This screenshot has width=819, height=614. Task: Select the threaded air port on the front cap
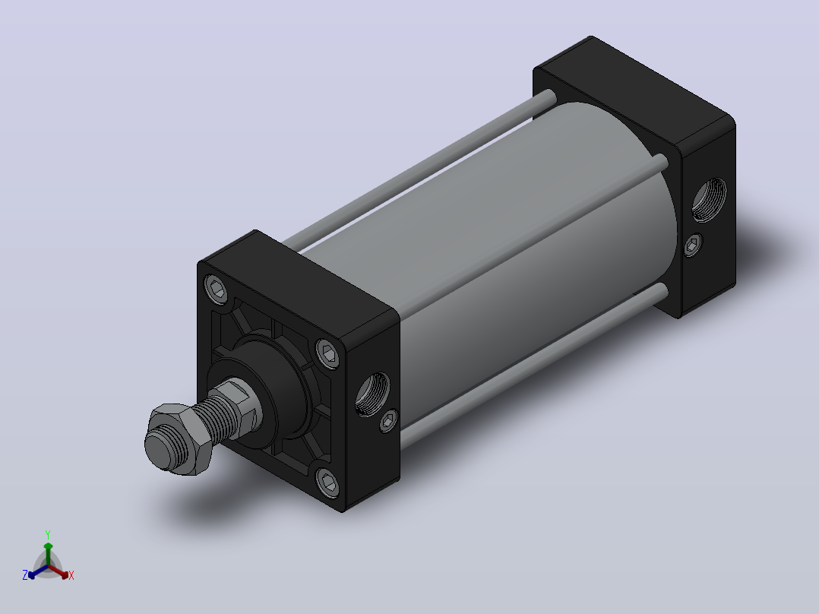coord(372,394)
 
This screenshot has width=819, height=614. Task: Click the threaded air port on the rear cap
coord(709,199)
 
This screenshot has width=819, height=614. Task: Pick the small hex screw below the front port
coord(388,421)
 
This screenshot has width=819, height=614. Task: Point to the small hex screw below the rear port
coord(693,245)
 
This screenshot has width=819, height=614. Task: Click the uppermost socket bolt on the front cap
coord(217,289)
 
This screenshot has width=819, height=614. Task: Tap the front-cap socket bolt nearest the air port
coord(328,353)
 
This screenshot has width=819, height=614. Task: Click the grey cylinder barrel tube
coord(523,245)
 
